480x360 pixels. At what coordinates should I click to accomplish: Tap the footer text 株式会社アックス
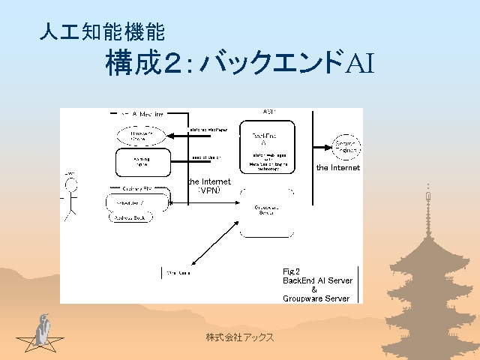click(240, 337)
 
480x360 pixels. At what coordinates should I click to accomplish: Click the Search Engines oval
click(345, 145)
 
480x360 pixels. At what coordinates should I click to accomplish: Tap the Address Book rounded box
click(130, 217)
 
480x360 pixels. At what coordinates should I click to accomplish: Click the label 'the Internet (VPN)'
click(209, 186)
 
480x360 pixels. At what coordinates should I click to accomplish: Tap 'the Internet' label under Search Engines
click(337, 168)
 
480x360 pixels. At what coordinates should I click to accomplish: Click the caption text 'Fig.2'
click(292, 271)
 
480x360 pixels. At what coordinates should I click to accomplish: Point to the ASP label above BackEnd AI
click(268, 112)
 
